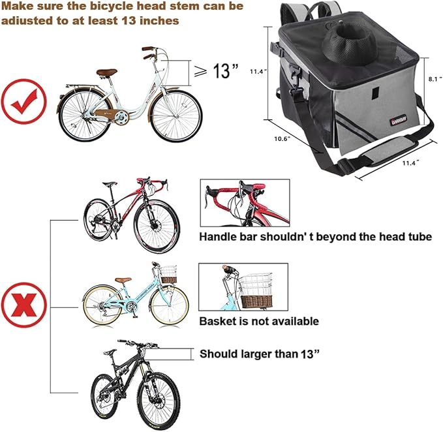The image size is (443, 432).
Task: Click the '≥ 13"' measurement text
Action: point(216,71)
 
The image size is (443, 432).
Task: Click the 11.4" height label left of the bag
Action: point(256,72)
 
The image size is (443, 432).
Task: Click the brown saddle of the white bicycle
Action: point(106,72)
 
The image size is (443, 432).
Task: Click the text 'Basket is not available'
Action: point(259,321)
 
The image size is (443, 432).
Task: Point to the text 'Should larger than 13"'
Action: point(258,354)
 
